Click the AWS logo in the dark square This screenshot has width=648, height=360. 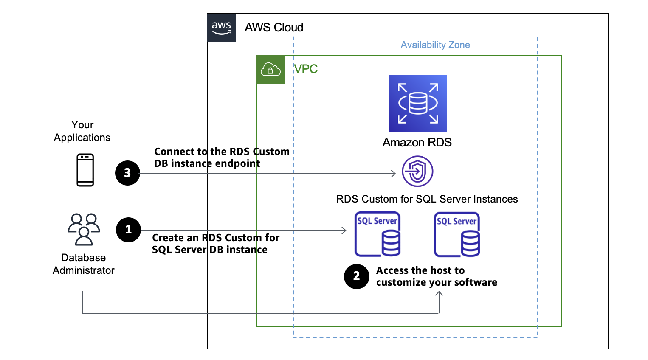pos(221,28)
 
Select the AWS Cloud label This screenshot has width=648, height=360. pos(274,28)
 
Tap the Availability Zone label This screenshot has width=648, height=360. pos(435,45)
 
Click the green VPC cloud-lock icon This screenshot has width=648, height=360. pos(270,69)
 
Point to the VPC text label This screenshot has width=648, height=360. pos(306,69)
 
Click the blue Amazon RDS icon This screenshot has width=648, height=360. pos(418,103)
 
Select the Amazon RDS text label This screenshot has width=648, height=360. pos(417,143)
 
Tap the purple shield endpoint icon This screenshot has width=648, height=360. pos(417,171)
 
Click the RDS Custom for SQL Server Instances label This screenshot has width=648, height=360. pos(427,199)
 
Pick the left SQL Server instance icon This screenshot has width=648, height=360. pos(378,234)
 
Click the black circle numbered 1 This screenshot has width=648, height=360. pos(128,230)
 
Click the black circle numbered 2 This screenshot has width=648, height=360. pos(357,276)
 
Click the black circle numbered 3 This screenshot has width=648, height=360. pos(127,173)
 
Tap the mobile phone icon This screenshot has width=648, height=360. pos(85,170)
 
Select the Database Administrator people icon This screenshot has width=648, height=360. pos(84,229)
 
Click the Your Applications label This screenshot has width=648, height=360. pos(82,131)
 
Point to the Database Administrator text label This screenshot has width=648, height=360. pos(83,264)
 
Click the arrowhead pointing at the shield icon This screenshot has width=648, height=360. pos(393,173)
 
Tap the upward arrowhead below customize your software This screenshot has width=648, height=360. pos(439,294)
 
